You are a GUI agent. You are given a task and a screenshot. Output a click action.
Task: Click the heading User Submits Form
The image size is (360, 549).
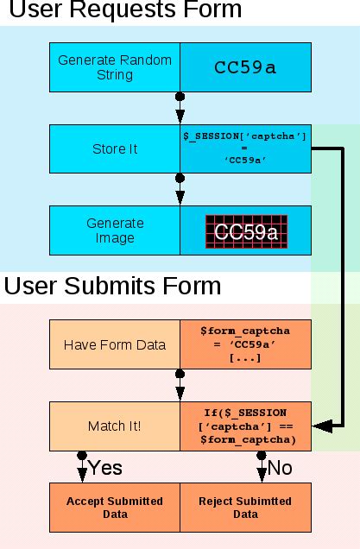pos(113,286)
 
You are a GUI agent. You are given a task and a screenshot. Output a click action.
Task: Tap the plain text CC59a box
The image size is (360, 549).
pos(245,67)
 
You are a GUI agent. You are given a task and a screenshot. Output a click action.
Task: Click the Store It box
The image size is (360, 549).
pos(114,148)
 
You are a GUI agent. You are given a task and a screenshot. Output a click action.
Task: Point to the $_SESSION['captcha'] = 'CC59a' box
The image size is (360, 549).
pos(245,148)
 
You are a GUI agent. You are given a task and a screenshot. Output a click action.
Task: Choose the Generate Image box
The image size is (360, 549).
pos(114,230)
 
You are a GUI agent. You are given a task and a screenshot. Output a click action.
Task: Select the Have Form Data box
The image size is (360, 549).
pos(114,344)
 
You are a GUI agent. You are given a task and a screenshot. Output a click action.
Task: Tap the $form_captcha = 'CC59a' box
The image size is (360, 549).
pos(245,344)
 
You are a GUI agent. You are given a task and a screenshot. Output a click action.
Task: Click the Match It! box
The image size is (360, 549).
pos(114,426)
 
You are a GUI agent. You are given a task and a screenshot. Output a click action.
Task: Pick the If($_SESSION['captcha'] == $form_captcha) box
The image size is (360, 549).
pos(245,426)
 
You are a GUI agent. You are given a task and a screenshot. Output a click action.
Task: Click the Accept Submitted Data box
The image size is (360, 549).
pos(114,508)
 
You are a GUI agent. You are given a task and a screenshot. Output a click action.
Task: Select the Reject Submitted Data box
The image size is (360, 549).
pos(245,508)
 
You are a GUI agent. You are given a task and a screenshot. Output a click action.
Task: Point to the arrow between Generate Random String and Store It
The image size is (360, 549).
pos(180,109)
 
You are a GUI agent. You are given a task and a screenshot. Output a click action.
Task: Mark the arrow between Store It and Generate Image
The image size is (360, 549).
pos(180,190)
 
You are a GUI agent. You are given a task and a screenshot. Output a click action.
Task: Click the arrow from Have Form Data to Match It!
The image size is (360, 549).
pos(180,386)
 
